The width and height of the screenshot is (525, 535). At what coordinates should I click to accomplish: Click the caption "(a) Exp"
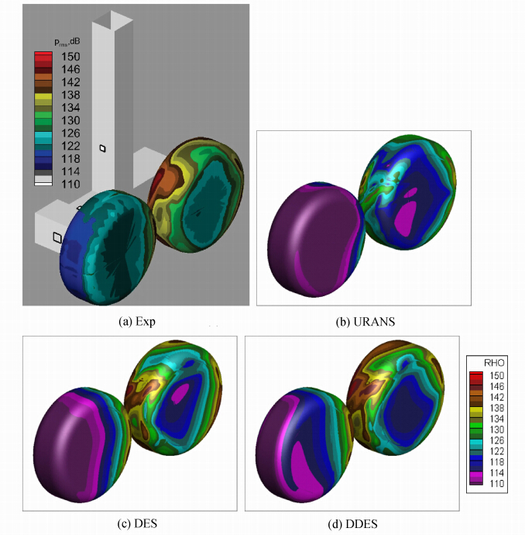[137, 322]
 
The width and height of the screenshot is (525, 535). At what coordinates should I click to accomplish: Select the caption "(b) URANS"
[365, 322]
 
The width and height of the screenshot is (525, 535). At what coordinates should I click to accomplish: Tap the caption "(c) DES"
[137, 523]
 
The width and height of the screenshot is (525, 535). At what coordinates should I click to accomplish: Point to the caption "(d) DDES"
[352, 523]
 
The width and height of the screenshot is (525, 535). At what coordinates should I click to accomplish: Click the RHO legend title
[494, 362]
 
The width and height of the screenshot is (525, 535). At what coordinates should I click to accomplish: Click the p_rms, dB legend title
[67, 42]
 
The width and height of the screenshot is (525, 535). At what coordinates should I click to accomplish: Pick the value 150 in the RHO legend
[496, 375]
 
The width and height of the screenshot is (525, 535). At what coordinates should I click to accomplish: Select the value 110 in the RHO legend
[496, 484]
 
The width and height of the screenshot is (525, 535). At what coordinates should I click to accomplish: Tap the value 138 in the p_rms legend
[70, 95]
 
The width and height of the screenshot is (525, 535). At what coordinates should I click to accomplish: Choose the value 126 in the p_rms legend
[70, 133]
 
